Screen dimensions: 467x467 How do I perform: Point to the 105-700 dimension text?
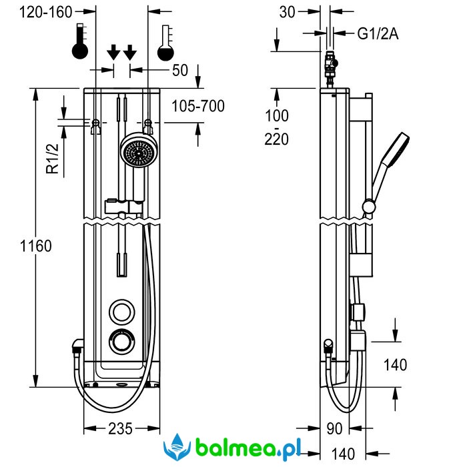(197, 105)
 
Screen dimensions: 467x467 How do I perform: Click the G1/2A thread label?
(378, 33)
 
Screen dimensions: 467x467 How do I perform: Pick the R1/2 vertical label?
(53, 159)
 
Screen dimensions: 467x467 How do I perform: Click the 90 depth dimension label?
(334, 428)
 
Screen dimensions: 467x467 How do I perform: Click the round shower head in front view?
(137, 153)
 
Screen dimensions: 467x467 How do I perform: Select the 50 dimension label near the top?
(180, 70)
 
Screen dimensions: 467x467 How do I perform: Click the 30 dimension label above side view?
(288, 11)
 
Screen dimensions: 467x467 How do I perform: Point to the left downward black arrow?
(113, 51)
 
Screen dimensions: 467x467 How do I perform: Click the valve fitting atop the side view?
(330, 65)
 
